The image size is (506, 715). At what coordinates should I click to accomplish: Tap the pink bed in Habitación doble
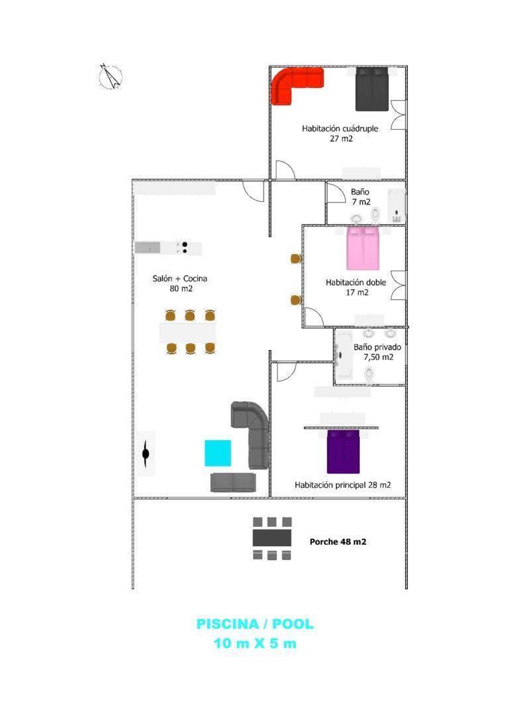[362, 248]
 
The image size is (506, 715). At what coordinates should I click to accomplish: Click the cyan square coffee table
[218, 453]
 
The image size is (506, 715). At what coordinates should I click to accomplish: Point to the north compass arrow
[110, 76]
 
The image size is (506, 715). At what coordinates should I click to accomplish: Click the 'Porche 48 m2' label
[338, 542]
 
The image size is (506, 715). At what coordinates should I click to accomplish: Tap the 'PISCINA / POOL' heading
[255, 624]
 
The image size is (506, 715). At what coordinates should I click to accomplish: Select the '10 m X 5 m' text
[255, 643]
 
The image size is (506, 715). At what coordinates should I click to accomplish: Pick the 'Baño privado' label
[378, 347]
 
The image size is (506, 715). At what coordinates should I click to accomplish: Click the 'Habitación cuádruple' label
[340, 128]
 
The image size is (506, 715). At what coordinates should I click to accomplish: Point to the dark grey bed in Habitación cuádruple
[372, 89]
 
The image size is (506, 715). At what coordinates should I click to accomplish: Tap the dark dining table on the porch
[272, 538]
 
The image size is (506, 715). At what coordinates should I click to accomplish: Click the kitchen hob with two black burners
[185, 248]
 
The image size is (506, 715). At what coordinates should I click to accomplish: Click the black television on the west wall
[146, 453]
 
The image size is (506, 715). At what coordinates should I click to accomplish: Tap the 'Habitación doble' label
[356, 282]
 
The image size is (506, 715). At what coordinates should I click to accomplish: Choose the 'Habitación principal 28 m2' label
[342, 485]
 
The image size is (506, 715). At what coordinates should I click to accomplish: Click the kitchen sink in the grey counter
[148, 248]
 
